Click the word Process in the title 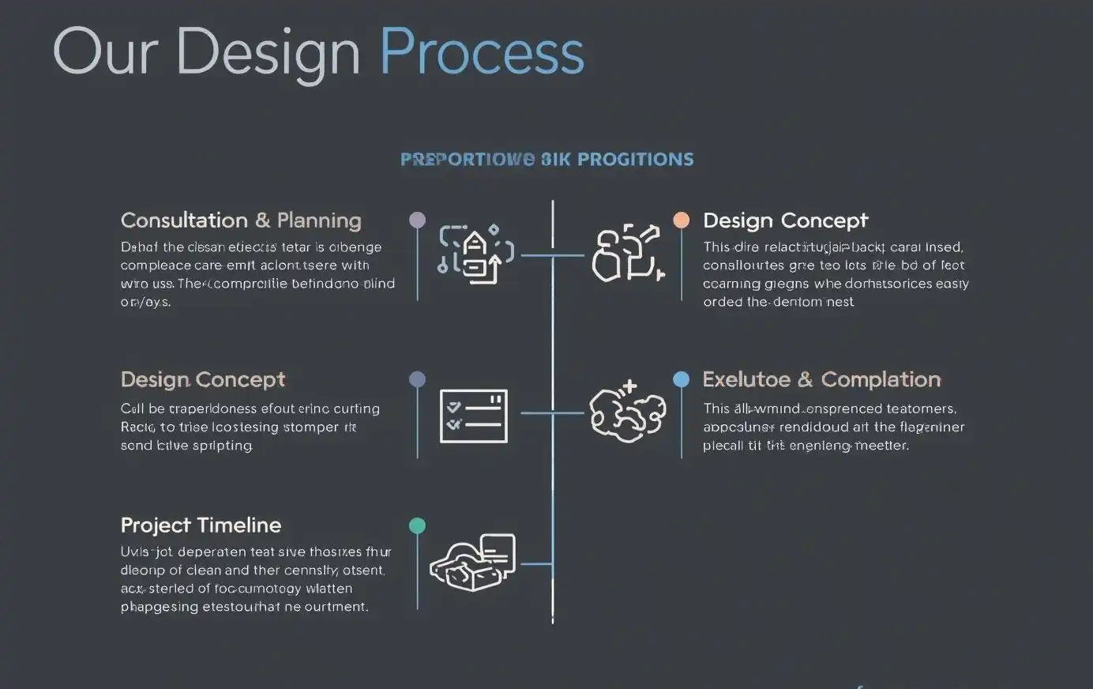click(x=482, y=52)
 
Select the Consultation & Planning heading click(x=241, y=220)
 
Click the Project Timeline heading click(x=201, y=525)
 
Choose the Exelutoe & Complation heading click(x=821, y=380)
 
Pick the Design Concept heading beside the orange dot click(x=785, y=220)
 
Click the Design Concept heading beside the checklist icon click(x=203, y=380)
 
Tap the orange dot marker click(x=681, y=220)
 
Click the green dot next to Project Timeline click(x=417, y=525)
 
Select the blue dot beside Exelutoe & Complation click(x=681, y=379)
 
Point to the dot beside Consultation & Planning click(x=417, y=220)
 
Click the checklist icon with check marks click(x=473, y=416)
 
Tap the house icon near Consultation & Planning click(x=475, y=254)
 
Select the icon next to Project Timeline click(x=472, y=562)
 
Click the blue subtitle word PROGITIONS click(x=636, y=160)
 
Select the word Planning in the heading click(x=319, y=220)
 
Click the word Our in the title click(x=105, y=52)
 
